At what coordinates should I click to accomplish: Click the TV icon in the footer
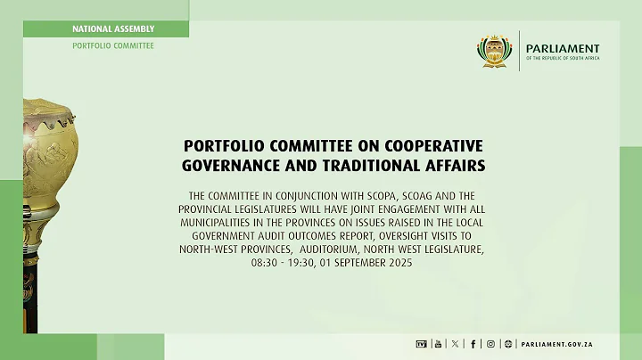click(422, 343)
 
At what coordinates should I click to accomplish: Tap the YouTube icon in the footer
click(437, 343)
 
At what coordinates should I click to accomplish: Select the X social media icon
click(455, 343)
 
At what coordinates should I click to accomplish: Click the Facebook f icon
click(473, 343)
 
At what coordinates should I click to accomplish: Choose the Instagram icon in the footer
click(490, 343)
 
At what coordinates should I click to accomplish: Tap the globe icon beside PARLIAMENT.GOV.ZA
click(508, 343)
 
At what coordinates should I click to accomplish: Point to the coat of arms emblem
click(495, 51)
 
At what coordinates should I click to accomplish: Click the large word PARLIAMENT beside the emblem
click(564, 48)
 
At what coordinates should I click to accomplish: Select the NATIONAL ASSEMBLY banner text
click(113, 29)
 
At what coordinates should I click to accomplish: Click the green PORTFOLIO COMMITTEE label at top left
click(113, 45)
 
